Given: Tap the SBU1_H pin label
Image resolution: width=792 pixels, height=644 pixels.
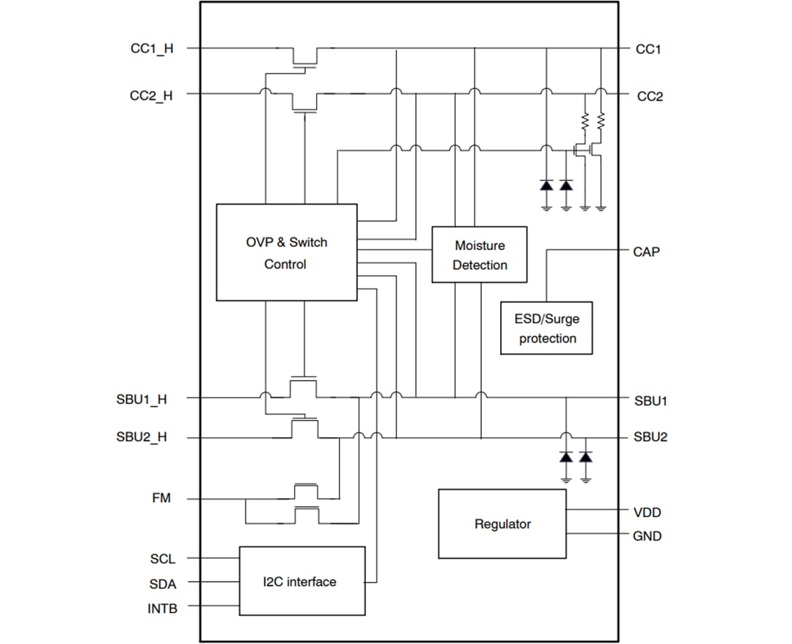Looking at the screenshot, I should [x=142, y=400].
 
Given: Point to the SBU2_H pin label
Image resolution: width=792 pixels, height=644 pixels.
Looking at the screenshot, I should [x=142, y=437].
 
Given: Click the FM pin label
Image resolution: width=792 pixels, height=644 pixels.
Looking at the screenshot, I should [x=161, y=499].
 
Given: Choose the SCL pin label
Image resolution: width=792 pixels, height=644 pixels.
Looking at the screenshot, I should [x=163, y=559].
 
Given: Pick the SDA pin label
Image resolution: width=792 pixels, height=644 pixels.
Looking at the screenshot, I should [x=163, y=584].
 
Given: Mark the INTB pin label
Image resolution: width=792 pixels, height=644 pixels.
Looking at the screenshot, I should [x=162, y=608].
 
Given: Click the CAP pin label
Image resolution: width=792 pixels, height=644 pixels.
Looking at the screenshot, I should [x=646, y=252].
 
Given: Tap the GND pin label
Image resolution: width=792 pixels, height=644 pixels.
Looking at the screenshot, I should [x=647, y=536].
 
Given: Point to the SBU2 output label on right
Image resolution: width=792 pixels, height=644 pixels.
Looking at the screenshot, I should [x=650, y=437].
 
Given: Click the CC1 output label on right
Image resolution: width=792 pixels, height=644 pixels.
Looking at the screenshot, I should [x=648, y=49].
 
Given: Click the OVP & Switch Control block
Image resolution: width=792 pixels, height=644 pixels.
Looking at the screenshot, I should [x=286, y=252].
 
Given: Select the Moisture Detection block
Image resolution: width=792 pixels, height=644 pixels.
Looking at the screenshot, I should [x=480, y=255].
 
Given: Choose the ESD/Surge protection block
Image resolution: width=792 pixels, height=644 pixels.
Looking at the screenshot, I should [x=547, y=328].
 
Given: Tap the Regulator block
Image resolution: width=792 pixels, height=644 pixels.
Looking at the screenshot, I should [x=502, y=524].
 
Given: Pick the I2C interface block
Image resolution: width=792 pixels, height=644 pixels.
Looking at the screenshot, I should [x=301, y=581].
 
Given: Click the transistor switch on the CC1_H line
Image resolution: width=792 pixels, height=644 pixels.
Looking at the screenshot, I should [x=304, y=57].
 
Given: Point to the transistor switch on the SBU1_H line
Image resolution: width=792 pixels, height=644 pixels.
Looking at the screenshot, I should [x=304, y=387].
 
